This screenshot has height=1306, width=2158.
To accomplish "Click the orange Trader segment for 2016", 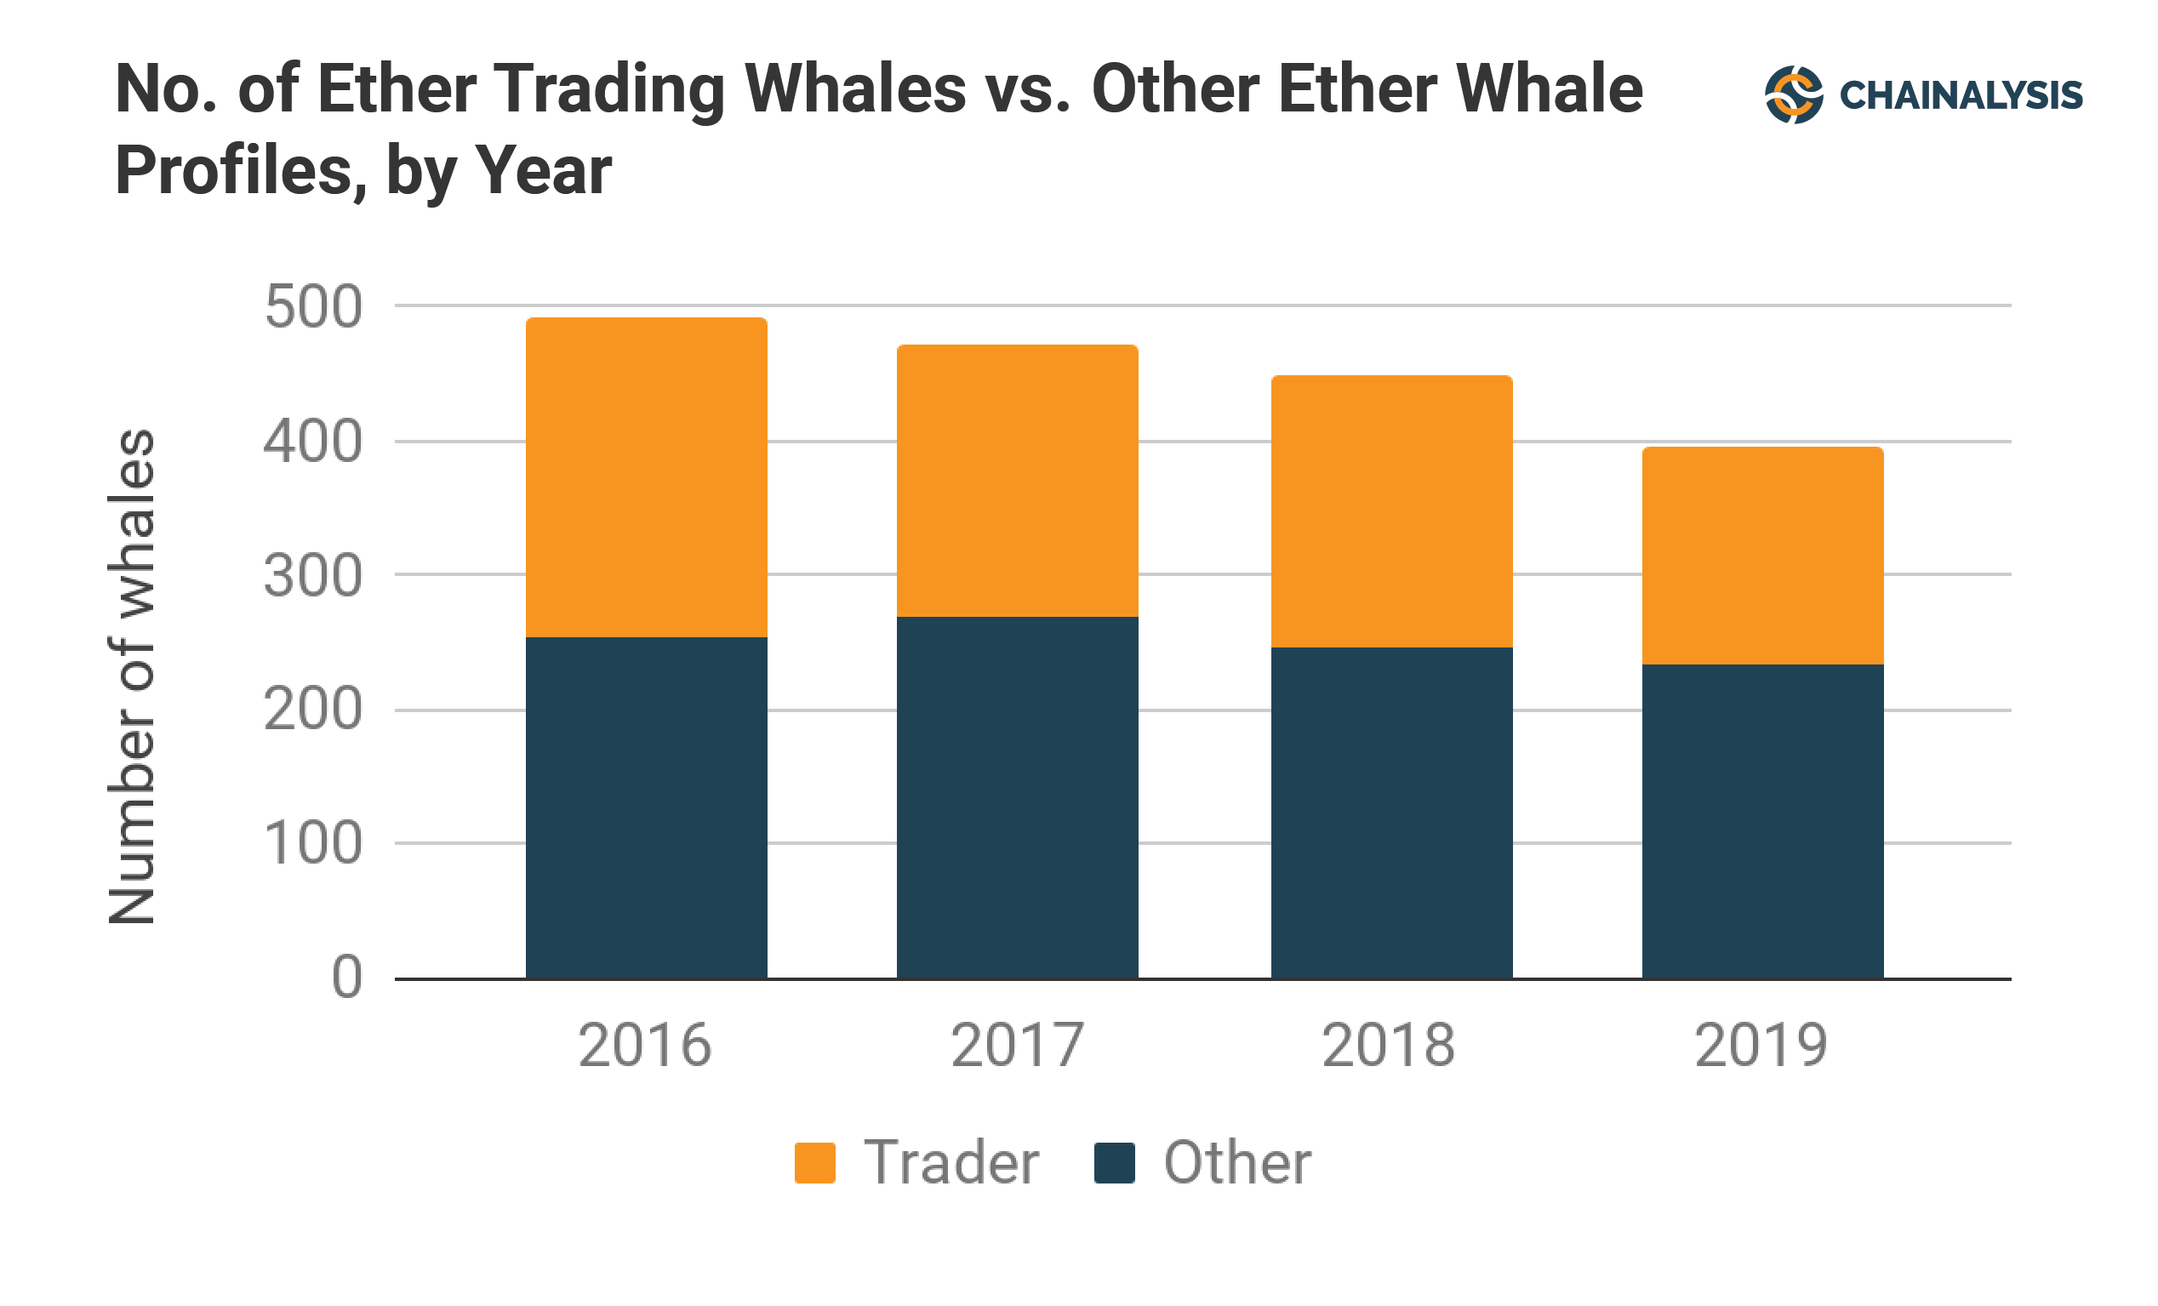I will tap(647, 477).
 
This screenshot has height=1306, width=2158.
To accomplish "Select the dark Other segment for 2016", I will tap(647, 807).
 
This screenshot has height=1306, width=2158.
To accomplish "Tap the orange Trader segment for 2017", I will tap(1017, 481).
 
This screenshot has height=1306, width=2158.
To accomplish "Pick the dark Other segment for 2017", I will tap(1017, 797).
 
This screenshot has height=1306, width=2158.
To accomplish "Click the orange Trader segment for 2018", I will tap(1391, 511).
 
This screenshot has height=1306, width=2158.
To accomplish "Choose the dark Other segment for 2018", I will tap(1391, 813).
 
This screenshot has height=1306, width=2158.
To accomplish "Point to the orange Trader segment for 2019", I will tap(1762, 556).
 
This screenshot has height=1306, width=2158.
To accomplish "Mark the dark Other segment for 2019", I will tap(1762, 822).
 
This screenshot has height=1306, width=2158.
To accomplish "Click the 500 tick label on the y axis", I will tap(312, 307).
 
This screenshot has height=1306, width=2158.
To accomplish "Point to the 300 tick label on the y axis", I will tap(312, 576).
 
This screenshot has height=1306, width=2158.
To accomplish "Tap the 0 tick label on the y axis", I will tap(347, 978).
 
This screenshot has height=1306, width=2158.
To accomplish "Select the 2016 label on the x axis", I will tap(645, 1046).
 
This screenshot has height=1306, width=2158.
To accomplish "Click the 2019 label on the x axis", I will tap(1761, 1046).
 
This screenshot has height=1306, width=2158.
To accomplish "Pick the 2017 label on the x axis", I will tap(1017, 1046).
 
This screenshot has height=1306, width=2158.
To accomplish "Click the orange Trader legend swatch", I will tap(814, 1163).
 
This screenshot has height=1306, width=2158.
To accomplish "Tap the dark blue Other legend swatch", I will tap(1114, 1163).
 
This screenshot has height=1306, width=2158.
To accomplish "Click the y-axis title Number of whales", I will tap(131, 676).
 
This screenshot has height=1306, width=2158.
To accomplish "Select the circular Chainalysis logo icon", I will tap(1794, 94).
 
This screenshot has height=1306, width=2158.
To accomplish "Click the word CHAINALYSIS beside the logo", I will tap(1960, 95).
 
